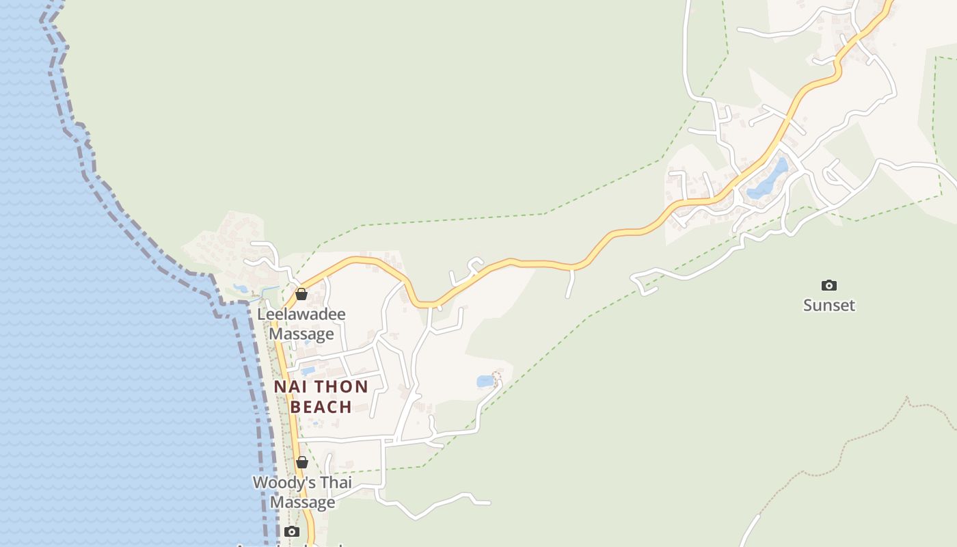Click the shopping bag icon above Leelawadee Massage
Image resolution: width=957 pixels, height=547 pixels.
301,294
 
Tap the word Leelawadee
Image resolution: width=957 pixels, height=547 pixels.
301,315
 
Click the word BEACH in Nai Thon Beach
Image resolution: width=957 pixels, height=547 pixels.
321,407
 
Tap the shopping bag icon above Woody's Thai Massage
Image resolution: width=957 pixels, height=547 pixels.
301,462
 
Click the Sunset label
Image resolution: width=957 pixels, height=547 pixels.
829,305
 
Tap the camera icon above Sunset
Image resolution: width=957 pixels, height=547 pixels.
829,285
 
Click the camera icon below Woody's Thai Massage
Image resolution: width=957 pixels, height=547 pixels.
292,531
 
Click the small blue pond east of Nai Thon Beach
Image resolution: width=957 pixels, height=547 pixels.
485,381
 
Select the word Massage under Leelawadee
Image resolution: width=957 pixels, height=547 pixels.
301,334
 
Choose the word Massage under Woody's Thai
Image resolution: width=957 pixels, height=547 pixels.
302,503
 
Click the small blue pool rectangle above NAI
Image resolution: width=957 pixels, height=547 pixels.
308,371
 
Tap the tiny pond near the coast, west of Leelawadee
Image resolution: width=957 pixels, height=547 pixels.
241,289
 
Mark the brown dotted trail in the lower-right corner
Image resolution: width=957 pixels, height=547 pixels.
854,438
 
